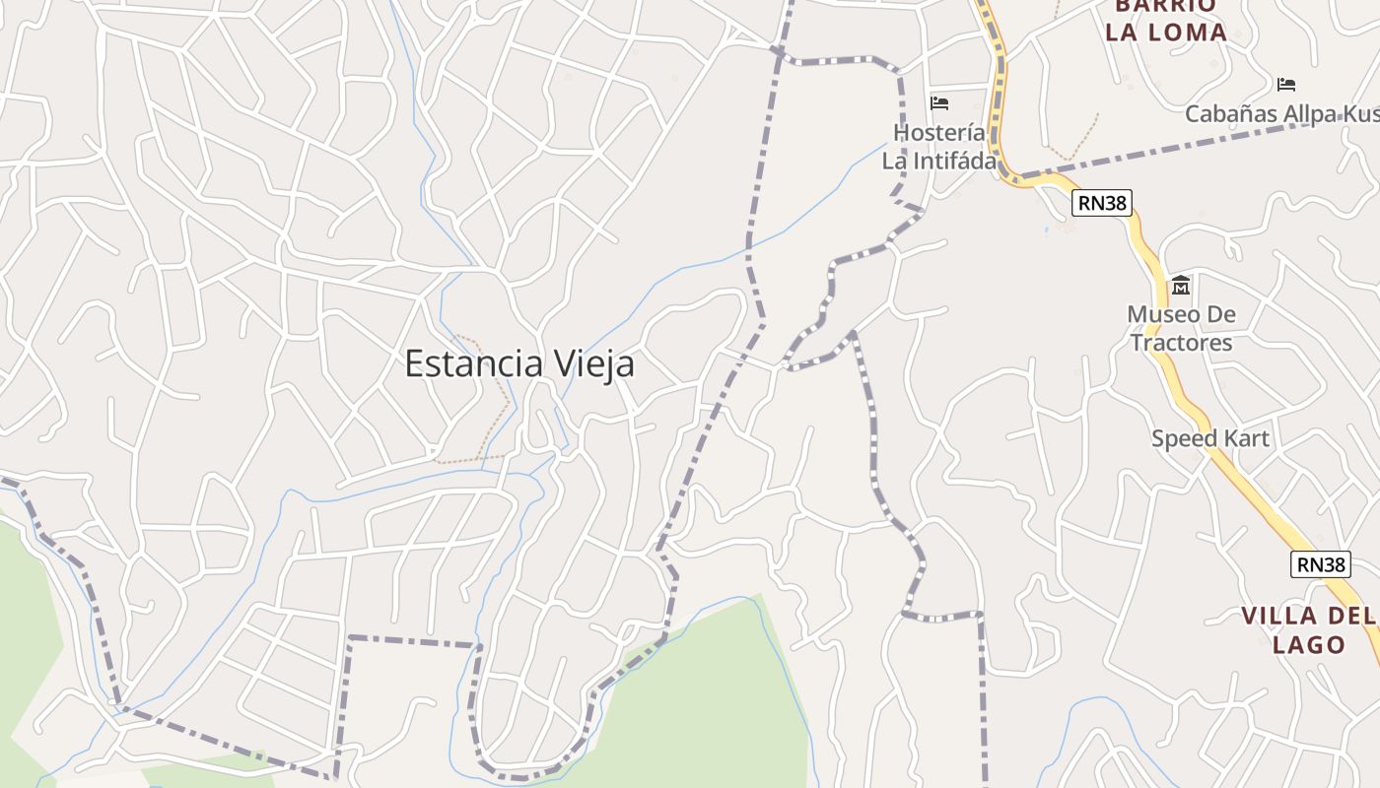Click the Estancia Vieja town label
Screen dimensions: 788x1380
pyautogui.click(x=519, y=364)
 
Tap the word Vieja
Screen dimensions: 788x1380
pyautogui.click(x=595, y=364)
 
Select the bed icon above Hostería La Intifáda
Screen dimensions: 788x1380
pyautogui.click(x=939, y=102)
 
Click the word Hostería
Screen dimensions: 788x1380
pyautogui.click(x=938, y=132)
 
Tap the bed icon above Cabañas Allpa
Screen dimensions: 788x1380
pyautogui.click(x=1285, y=84)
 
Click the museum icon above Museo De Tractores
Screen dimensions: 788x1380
pyautogui.click(x=1180, y=286)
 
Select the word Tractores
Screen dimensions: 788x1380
pyautogui.click(x=1181, y=343)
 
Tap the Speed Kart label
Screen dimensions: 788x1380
pyautogui.click(x=1210, y=438)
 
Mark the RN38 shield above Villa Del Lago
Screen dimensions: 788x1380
pyautogui.click(x=1319, y=564)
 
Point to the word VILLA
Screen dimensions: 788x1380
pyautogui.click(x=1279, y=617)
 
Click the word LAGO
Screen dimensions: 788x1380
pyautogui.click(x=1309, y=645)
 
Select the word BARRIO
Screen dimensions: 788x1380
pyautogui.click(x=1165, y=6)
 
